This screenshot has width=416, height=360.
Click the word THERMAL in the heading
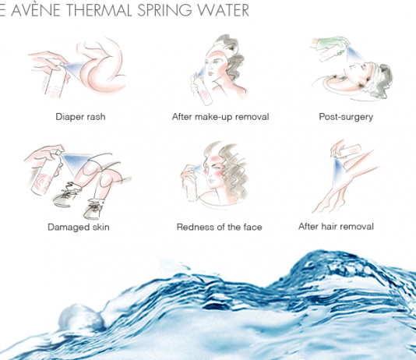98,10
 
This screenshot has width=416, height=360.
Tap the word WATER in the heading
224,10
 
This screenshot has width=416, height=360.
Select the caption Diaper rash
80,117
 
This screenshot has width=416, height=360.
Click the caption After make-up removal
220,117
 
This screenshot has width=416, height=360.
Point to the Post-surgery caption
346,117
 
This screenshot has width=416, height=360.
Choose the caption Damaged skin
79,227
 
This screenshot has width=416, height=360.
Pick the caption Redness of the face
220,227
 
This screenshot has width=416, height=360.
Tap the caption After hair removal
336,227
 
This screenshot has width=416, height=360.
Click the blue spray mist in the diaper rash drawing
74,68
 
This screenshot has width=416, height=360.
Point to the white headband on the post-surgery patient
375,77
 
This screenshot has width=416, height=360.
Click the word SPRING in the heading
164,10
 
